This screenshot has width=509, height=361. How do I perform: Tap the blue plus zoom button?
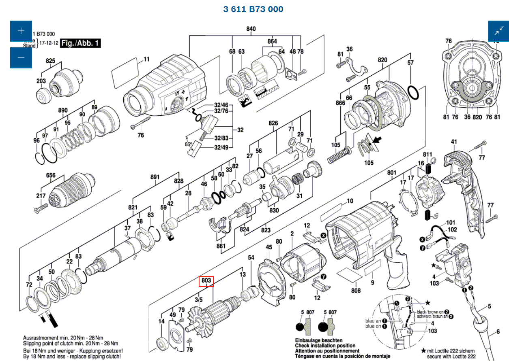click(21, 31)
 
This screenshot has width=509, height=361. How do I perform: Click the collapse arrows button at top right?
click(498, 31)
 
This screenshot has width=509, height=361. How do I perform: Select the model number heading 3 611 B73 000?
click(253, 9)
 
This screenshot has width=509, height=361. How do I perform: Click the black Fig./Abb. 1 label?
click(80, 43)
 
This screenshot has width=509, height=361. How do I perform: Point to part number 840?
click(251, 29)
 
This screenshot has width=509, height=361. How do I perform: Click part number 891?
click(155, 177)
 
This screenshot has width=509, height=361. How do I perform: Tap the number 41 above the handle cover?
click(454, 142)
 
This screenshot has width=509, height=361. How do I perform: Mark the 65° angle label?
click(189, 144)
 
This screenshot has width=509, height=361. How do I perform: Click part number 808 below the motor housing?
click(356, 290)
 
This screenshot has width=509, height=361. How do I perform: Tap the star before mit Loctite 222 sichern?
click(423, 350)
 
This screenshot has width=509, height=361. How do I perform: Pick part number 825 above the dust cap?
click(50, 61)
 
